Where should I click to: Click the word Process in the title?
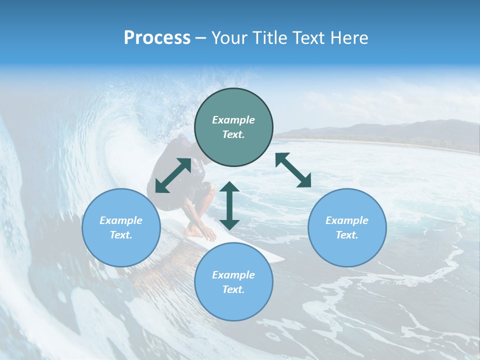click(157, 38)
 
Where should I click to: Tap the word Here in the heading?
click(350, 38)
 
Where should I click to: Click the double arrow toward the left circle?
click(173, 175)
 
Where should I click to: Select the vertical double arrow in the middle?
click(229, 205)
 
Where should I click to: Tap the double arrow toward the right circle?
click(293, 170)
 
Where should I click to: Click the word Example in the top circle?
click(233, 120)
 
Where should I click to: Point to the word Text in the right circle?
click(347, 235)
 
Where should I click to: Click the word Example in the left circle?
click(121, 220)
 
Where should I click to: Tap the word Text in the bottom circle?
click(233, 289)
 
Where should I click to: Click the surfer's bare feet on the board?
click(200, 231)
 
